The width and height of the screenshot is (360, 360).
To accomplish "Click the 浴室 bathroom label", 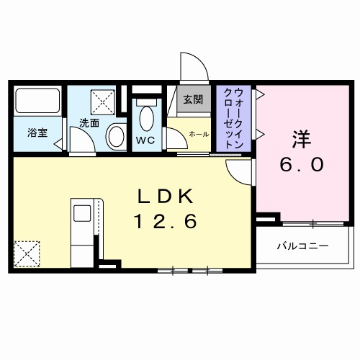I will (x=37, y=132).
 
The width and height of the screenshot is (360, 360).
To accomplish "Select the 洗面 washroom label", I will (x=89, y=122).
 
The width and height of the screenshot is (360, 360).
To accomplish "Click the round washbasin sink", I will (x=116, y=137).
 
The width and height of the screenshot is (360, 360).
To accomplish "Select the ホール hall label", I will (x=199, y=135).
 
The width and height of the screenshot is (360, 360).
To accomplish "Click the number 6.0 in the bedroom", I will (x=301, y=164).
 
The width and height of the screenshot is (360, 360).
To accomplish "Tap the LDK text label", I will (x=166, y=195).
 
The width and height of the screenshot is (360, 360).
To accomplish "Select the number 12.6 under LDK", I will (x=166, y=222).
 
